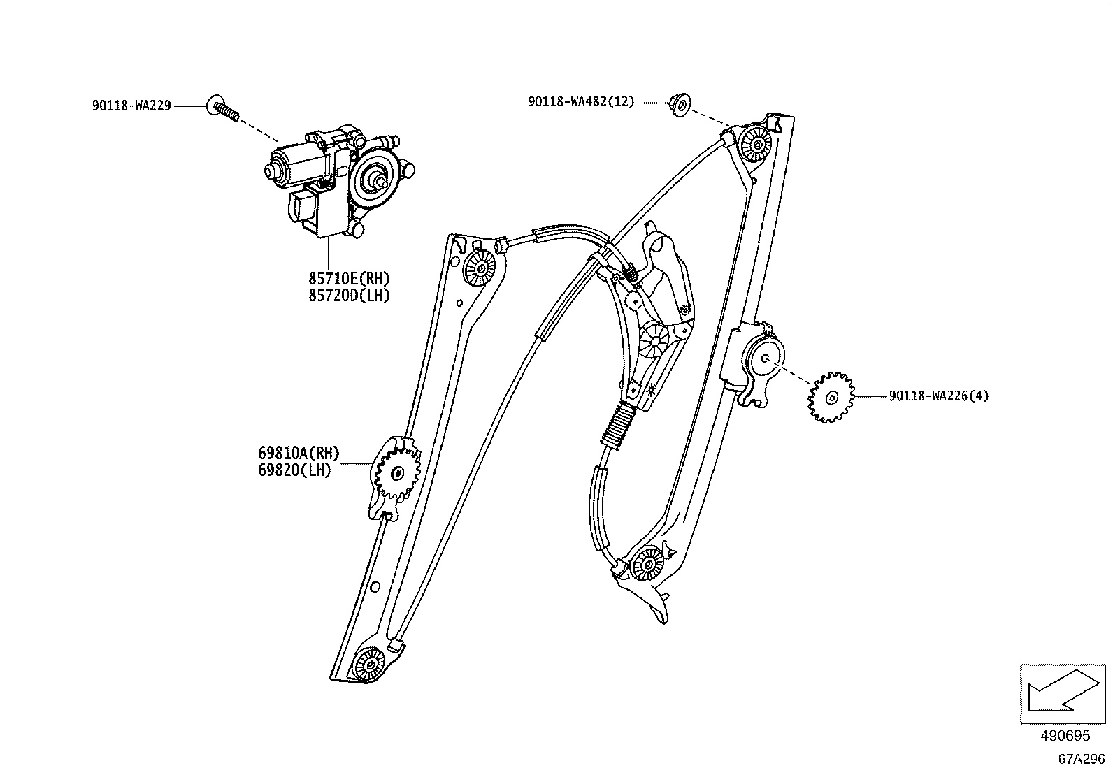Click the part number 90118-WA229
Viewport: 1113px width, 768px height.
131,106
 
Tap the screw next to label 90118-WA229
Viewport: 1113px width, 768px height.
223,108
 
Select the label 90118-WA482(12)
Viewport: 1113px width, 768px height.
581,102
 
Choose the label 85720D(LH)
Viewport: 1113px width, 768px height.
349,296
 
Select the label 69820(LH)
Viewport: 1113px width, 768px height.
294,470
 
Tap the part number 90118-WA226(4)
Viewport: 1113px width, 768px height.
939,396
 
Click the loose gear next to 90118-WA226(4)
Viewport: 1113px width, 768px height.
831,398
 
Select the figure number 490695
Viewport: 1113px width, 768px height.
1064,736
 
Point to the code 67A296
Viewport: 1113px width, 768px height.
1081,758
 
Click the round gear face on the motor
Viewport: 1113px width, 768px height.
378,178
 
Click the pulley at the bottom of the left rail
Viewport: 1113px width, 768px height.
369,662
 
